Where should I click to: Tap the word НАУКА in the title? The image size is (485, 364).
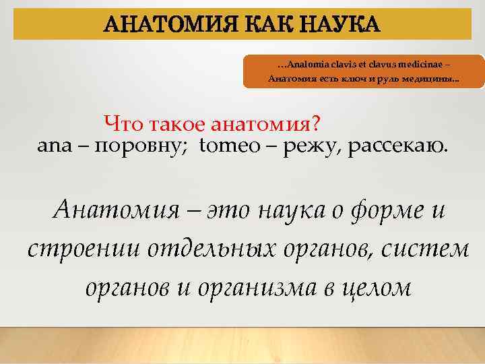344,26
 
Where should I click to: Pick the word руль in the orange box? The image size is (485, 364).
393,80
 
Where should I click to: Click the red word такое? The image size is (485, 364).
174,124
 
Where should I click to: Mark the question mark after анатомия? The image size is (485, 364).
315,124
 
